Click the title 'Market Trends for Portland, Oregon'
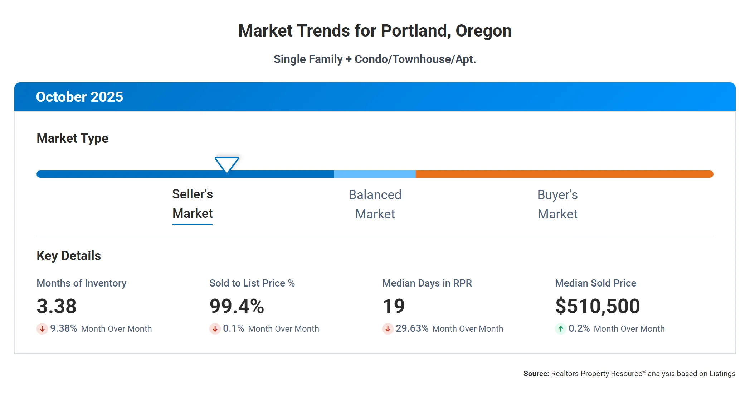click(x=375, y=31)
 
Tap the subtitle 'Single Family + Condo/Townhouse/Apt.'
click(x=375, y=59)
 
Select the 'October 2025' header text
click(x=79, y=97)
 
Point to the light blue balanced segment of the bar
click(x=375, y=174)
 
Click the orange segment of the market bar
click(x=564, y=174)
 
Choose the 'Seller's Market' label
click(x=193, y=204)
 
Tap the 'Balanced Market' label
click(x=375, y=205)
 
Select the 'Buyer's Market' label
click(x=557, y=205)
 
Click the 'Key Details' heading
click(x=69, y=256)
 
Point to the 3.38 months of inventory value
click(x=57, y=306)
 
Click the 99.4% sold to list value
click(x=237, y=306)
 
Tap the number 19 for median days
click(x=394, y=306)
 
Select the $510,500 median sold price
click(x=597, y=306)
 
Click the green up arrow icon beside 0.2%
click(x=560, y=328)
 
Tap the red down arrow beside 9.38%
click(x=42, y=328)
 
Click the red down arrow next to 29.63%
click(x=388, y=328)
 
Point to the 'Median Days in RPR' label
click(x=427, y=283)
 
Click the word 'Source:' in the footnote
click(x=536, y=374)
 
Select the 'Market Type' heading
click(x=72, y=138)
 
